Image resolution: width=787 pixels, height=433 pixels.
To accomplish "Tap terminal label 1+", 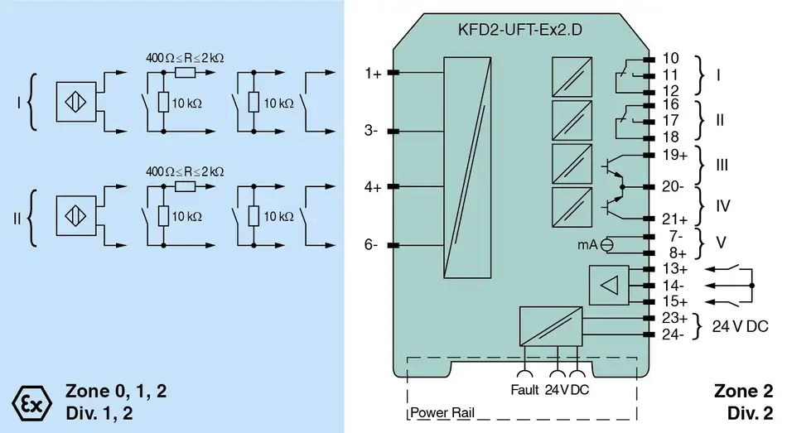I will click(x=373, y=74).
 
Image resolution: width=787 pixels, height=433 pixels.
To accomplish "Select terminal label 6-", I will click(x=372, y=244).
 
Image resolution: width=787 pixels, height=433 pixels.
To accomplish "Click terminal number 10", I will click(x=670, y=59).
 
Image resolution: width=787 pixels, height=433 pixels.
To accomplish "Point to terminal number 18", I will click(x=670, y=137).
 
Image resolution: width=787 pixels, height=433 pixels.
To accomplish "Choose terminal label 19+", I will click(x=675, y=155).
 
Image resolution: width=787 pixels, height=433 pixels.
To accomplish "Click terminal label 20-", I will click(x=674, y=187).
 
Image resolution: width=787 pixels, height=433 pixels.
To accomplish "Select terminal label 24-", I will click(x=674, y=334).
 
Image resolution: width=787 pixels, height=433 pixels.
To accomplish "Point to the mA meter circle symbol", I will click(x=607, y=244).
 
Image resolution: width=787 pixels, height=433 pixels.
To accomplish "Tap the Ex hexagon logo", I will click(x=32, y=403).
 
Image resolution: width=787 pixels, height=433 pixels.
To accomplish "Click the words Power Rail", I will click(x=442, y=412).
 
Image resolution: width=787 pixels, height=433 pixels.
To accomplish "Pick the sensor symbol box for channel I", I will click(x=76, y=104).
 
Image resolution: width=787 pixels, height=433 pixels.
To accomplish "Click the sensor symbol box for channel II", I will click(x=76, y=218).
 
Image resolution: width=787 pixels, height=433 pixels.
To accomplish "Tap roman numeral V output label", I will click(x=720, y=244).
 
